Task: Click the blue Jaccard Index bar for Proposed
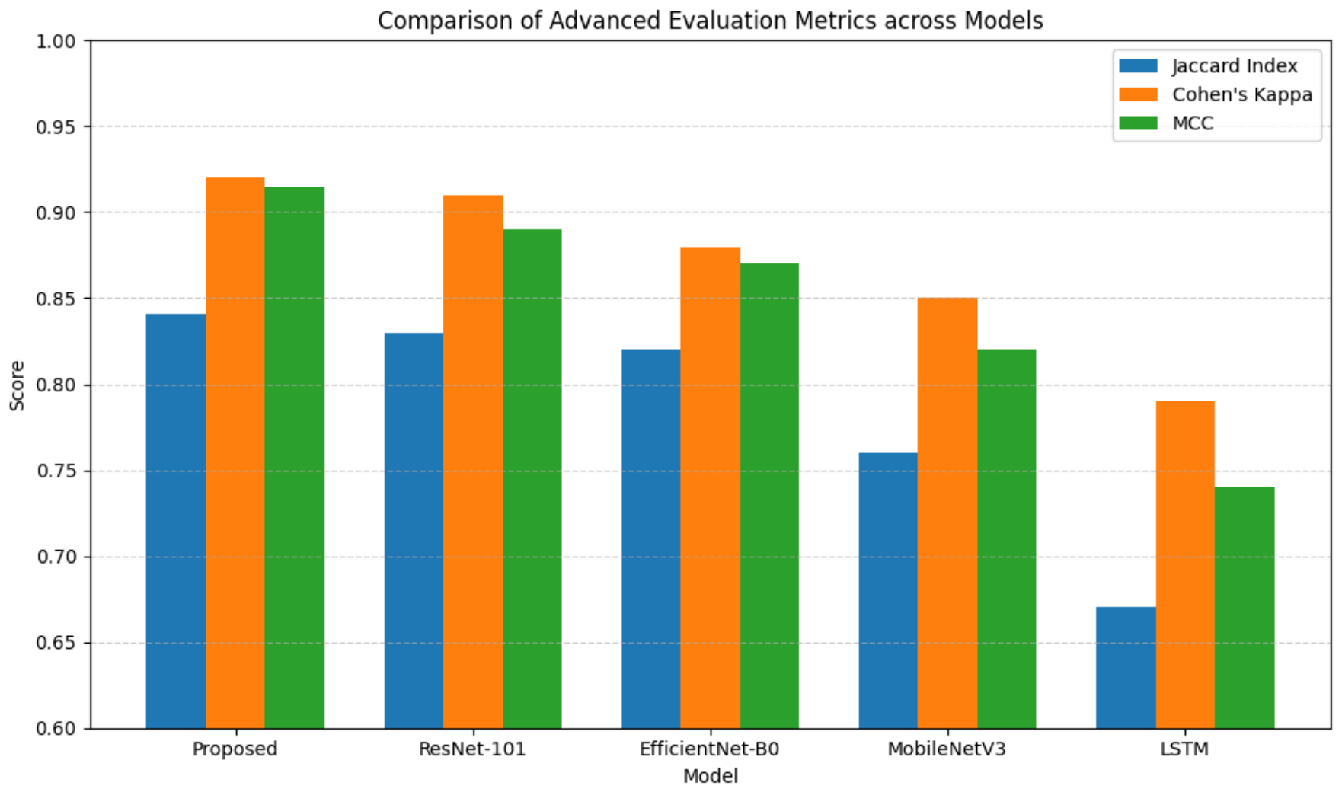[176, 521]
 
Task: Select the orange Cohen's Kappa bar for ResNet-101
[473, 462]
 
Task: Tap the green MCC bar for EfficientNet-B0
[769, 496]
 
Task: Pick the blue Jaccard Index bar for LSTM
[1126, 668]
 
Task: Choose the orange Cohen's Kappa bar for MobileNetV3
[947, 513]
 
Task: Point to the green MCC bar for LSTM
[1245, 608]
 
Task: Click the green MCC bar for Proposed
[295, 458]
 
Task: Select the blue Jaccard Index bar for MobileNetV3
[888, 591]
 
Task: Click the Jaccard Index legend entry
[1209, 66]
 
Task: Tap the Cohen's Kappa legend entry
[1216, 94]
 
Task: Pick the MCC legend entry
[1167, 123]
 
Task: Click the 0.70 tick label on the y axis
[56, 557]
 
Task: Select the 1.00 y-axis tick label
[56, 41]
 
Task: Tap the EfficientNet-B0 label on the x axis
[710, 749]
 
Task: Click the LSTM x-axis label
[1184, 749]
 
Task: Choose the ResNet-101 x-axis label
[472, 749]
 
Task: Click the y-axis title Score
[17, 385]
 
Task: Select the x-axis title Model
[711, 776]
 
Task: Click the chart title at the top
[711, 21]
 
